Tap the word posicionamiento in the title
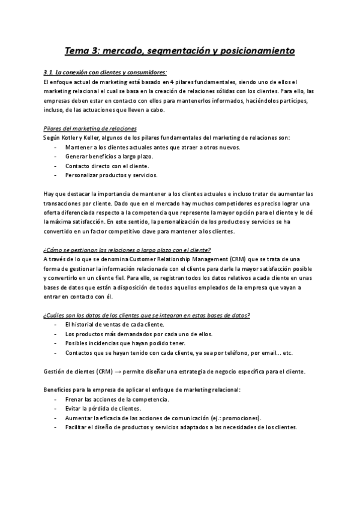point(256,50)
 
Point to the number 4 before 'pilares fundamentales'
point(172,82)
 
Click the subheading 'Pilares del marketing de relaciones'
point(91,128)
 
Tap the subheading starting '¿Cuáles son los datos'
point(148,315)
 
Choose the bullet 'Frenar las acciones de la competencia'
point(117,399)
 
